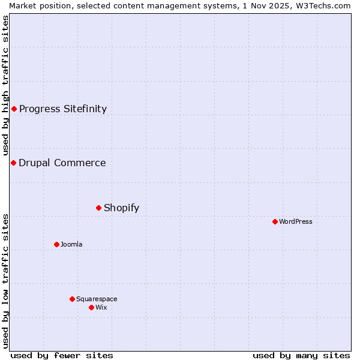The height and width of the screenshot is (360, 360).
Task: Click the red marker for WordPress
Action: tap(275, 221)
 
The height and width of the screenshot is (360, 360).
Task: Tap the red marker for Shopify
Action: tap(98, 208)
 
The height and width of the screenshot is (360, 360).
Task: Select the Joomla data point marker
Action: tap(56, 244)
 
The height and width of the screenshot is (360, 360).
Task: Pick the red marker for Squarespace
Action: tap(72, 299)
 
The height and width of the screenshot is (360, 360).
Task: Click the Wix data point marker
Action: tap(91, 307)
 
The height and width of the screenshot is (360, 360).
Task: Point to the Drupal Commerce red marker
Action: tap(13, 163)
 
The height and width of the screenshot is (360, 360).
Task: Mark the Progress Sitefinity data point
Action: tap(14, 109)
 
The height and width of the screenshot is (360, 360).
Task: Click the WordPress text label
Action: tap(296, 221)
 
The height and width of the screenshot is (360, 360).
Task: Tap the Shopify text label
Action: tap(121, 208)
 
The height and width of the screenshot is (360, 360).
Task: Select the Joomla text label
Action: tap(71, 244)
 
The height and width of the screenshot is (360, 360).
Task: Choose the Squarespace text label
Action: tap(97, 299)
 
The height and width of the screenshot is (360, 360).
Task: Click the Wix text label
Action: tap(101, 307)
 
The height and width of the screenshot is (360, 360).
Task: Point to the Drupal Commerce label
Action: tap(62, 163)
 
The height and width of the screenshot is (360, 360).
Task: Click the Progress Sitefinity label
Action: tap(63, 109)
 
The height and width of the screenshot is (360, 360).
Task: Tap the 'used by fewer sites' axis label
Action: tap(62, 355)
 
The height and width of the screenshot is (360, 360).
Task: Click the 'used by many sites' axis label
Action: tap(301, 355)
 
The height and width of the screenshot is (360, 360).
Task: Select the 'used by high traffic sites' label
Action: tap(6, 86)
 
